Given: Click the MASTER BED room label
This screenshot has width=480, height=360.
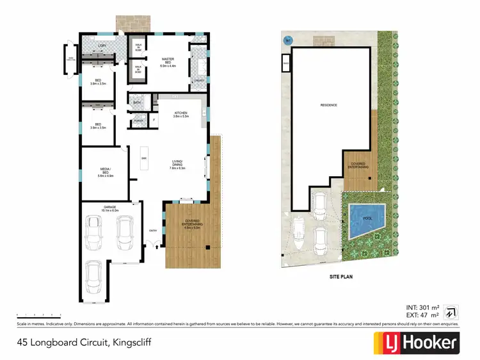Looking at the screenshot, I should [x=168, y=62].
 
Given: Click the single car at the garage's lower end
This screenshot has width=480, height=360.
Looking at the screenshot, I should [x=93, y=277].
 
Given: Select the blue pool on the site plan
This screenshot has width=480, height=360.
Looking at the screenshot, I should [x=367, y=218].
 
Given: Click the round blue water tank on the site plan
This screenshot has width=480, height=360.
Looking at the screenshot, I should [x=287, y=39].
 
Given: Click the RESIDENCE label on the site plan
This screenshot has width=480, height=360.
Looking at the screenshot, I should [x=329, y=104].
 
